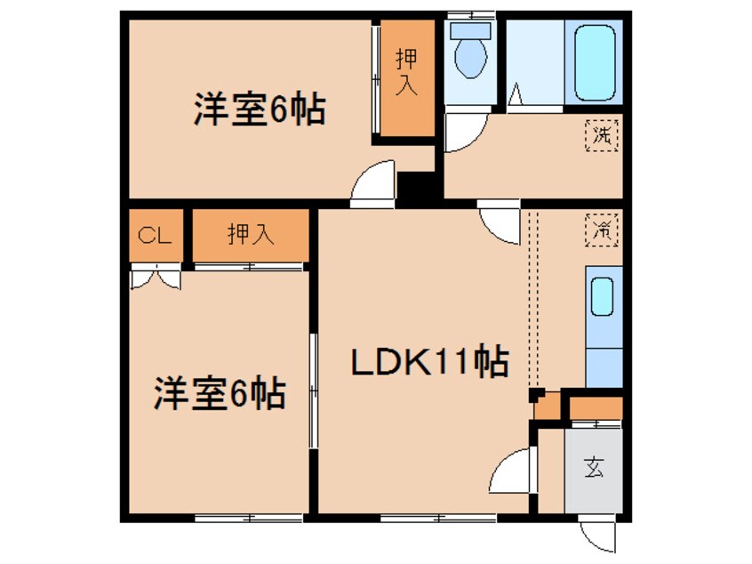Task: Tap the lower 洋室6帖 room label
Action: (x=221, y=392)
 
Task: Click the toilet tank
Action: (x=470, y=29)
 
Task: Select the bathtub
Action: (x=595, y=61)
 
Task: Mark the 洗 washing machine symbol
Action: (x=603, y=137)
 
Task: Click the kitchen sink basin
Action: (x=603, y=298)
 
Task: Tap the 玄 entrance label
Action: (x=594, y=468)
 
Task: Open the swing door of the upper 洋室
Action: (x=373, y=185)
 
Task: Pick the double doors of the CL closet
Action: (x=156, y=277)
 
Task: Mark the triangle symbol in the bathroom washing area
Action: (x=516, y=96)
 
